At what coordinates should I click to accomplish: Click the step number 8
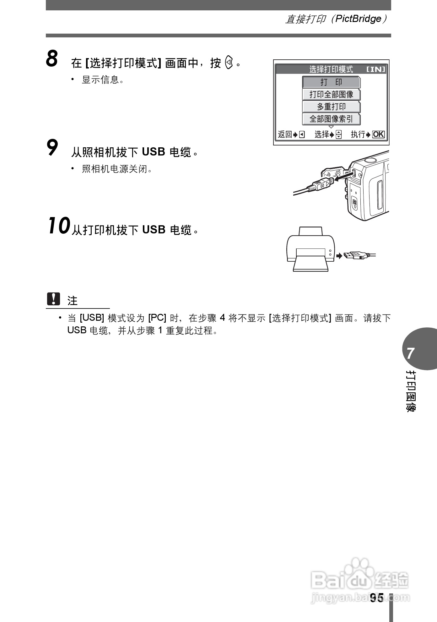click(52, 59)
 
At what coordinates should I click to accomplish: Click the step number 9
click(52, 148)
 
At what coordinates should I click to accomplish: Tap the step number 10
click(59, 226)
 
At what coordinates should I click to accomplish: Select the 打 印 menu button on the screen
click(331, 82)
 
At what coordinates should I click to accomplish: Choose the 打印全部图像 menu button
click(331, 95)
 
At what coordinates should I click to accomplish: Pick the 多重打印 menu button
click(331, 107)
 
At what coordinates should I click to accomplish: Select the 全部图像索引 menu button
click(331, 119)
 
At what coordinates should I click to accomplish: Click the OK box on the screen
click(378, 134)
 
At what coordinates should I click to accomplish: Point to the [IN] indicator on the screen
click(376, 69)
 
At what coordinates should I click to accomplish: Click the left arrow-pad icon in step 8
click(229, 63)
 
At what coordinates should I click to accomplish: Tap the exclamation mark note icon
click(53, 299)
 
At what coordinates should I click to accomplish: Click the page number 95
click(376, 598)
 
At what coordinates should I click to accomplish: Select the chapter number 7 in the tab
click(410, 353)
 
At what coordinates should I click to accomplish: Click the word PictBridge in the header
click(358, 19)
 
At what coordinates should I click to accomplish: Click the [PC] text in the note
click(157, 318)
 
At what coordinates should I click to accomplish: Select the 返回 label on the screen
click(285, 134)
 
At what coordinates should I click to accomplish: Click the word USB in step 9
click(153, 152)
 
